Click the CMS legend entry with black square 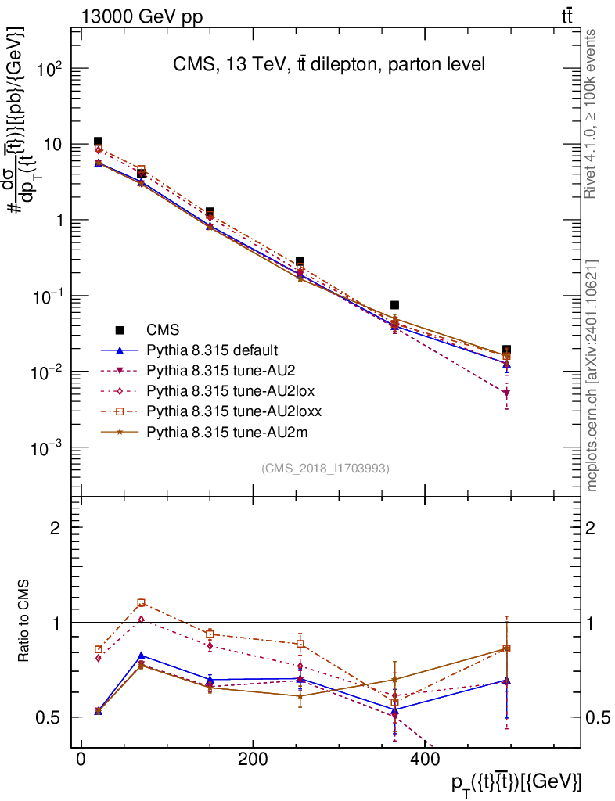157,331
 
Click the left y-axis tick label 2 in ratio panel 56,528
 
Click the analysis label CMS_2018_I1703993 325,468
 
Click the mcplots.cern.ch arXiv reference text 592,375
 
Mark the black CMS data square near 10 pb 98,142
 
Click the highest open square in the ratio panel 141,603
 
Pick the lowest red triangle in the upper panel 507,393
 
